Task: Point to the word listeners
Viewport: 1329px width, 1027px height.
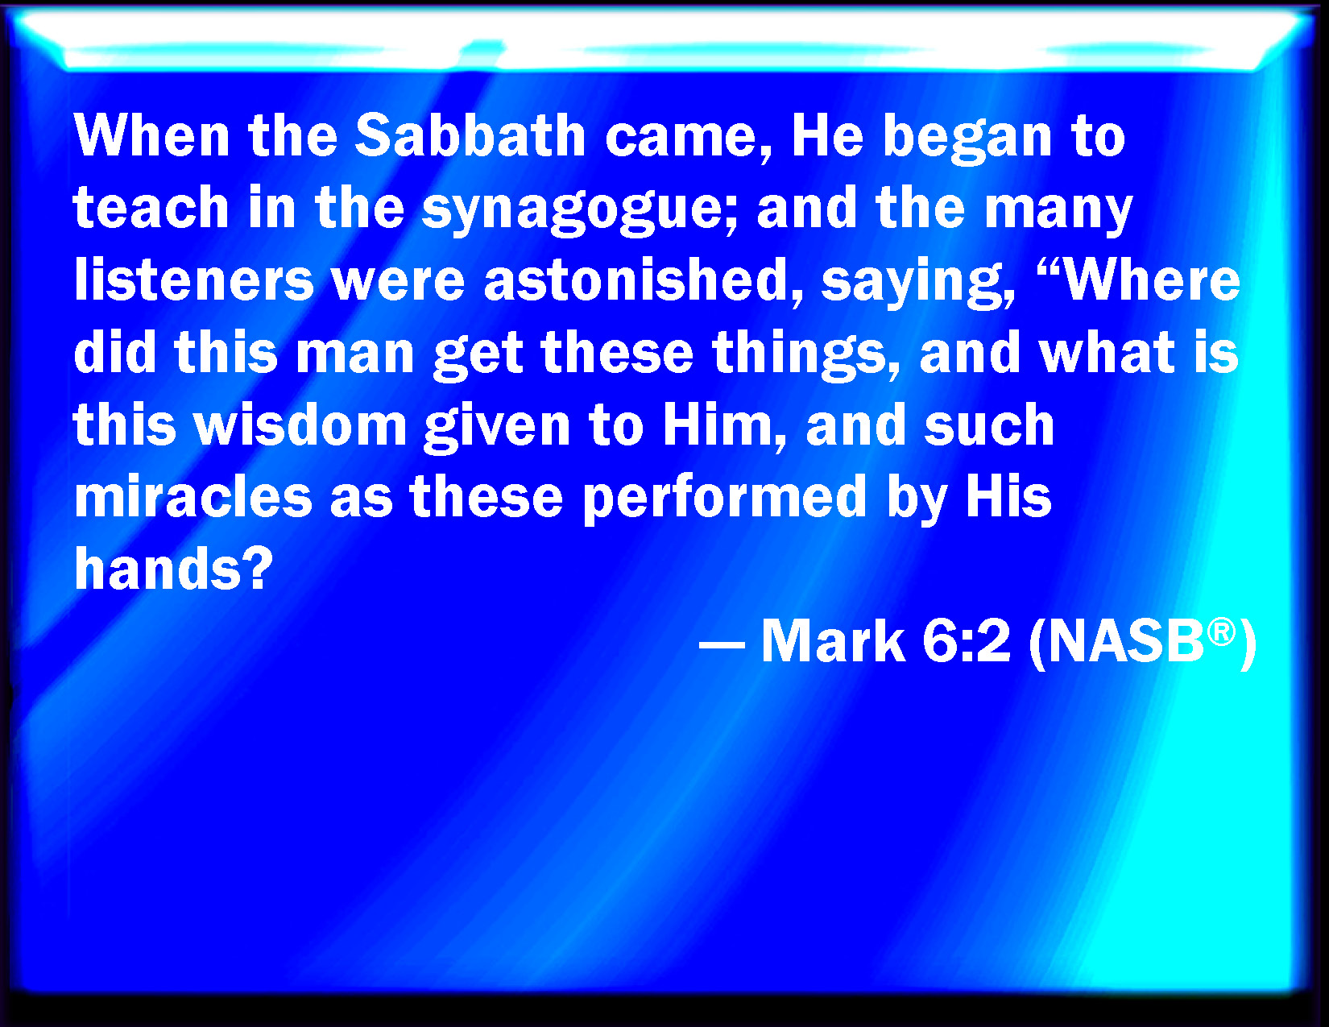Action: [193, 280]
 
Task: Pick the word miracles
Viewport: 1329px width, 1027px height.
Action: [193, 496]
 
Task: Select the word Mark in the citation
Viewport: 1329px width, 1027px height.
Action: [833, 641]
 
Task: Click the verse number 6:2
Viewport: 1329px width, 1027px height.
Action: [967, 641]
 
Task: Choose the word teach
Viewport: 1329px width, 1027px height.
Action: [151, 207]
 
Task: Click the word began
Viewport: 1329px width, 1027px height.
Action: [967, 139]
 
